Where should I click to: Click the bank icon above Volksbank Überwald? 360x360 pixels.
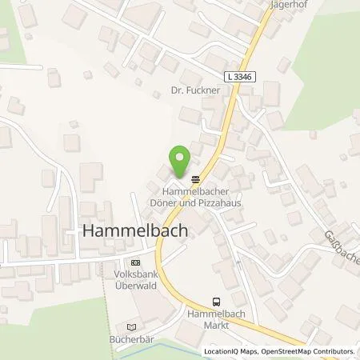[x=134, y=262]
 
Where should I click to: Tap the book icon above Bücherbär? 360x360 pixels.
[x=132, y=326]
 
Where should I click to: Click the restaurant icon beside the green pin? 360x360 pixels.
[x=196, y=178]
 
